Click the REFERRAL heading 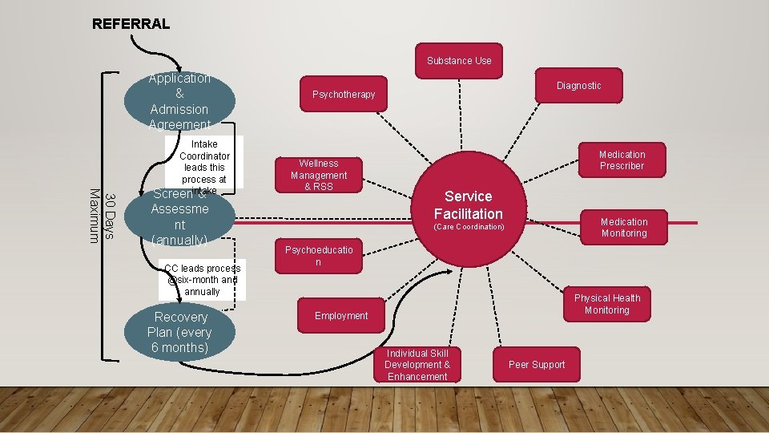[131, 23]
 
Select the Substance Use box [459, 61]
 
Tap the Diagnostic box [578, 86]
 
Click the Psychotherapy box [343, 95]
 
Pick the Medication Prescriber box [622, 160]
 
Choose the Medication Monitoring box [623, 228]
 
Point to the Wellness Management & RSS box [318, 175]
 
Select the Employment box [341, 316]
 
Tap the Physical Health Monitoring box [606, 305]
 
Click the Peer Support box [537, 365]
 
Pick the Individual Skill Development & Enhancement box [417, 365]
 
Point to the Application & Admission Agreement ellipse [179, 100]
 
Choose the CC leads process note [202, 280]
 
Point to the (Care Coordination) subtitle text [469, 228]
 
